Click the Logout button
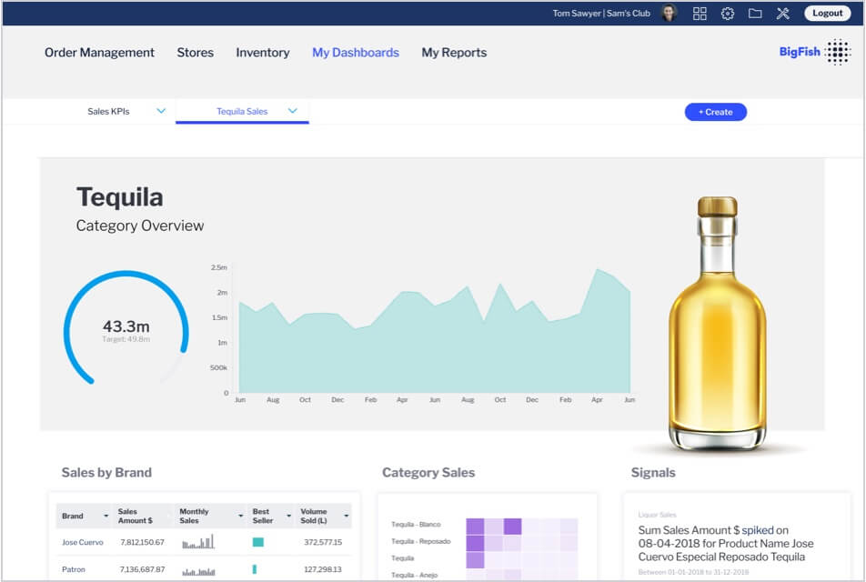827,14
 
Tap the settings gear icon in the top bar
728,14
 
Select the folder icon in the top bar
755,14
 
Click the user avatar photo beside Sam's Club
670,14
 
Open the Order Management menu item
99,53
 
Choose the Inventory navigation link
262,53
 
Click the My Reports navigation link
454,53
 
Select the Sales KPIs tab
108,111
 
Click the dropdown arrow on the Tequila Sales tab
293,111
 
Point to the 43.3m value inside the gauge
126,326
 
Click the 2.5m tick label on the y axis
218,267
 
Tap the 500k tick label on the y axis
218,367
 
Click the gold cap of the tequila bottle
717,206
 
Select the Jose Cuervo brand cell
83,542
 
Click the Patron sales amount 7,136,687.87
142,569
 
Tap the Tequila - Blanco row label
416,525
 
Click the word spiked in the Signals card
757,530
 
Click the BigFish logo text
800,53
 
